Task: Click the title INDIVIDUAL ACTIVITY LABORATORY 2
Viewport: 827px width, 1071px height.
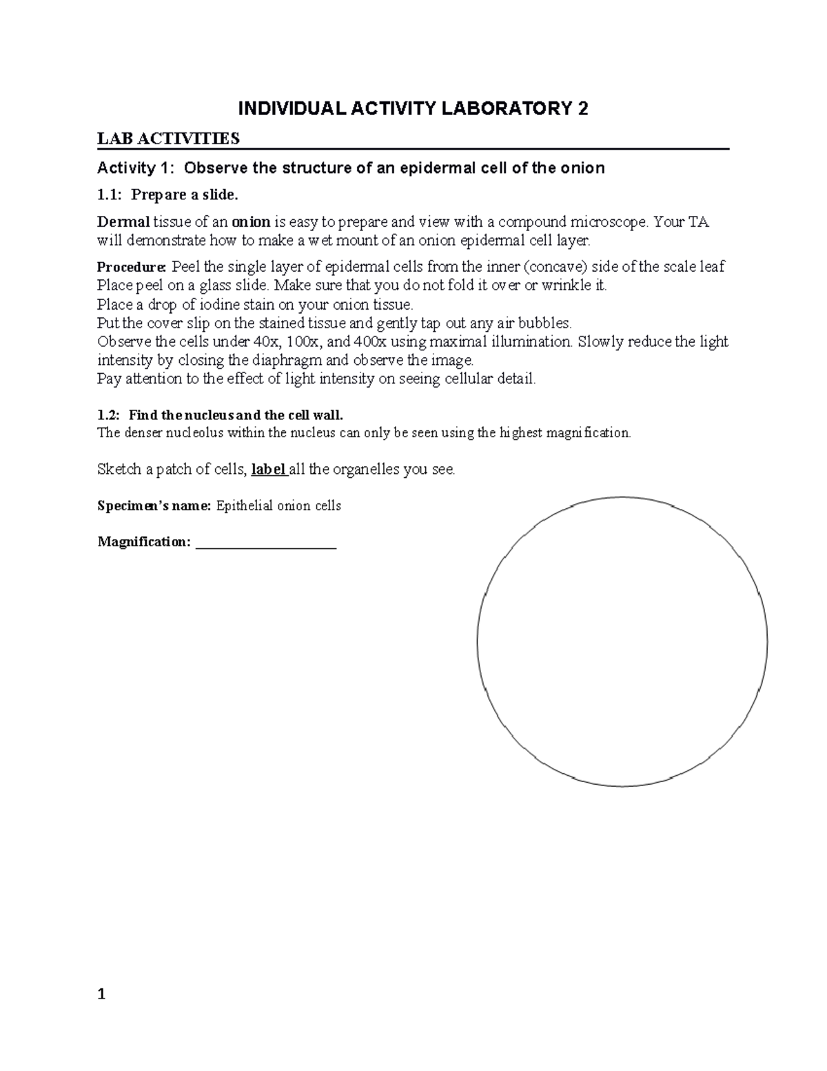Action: click(413, 109)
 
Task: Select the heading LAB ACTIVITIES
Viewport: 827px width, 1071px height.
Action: click(169, 139)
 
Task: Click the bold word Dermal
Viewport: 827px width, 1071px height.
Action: click(123, 222)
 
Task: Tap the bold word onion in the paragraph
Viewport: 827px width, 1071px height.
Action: click(251, 222)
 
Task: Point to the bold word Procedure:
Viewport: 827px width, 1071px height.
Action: click(132, 267)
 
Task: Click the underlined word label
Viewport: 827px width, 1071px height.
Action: click(269, 470)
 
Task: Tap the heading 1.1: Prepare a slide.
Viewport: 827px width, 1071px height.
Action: click(167, 195)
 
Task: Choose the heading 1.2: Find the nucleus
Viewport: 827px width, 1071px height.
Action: click(220, 415)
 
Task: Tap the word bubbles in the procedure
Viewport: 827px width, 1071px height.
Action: click(547, 323)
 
